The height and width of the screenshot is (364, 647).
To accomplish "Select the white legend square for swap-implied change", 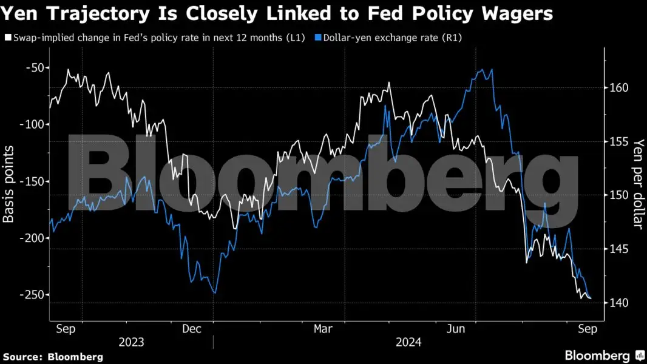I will pyautogui.click(x=7, y=38).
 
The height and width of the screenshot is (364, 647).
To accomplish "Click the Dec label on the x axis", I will pyautogui.click(x=192, y=328).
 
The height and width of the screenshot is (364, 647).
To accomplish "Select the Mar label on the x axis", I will pyautogui.click(x=323, y=328).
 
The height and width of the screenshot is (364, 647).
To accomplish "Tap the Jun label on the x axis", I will pyautogui.click(x=456, y=328).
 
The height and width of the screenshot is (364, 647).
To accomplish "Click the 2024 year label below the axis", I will pyautogui.click(x=408, y=342).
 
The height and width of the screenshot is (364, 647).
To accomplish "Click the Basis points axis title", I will pyautogui.click(x=8, y=181).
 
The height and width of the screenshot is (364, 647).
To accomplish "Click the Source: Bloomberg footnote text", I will pyautogui.click(x=53, y=357).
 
